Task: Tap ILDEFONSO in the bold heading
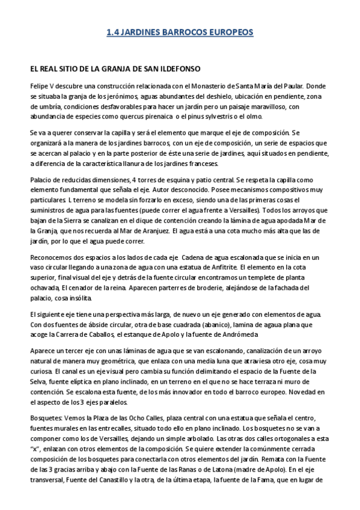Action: pos(178,69)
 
